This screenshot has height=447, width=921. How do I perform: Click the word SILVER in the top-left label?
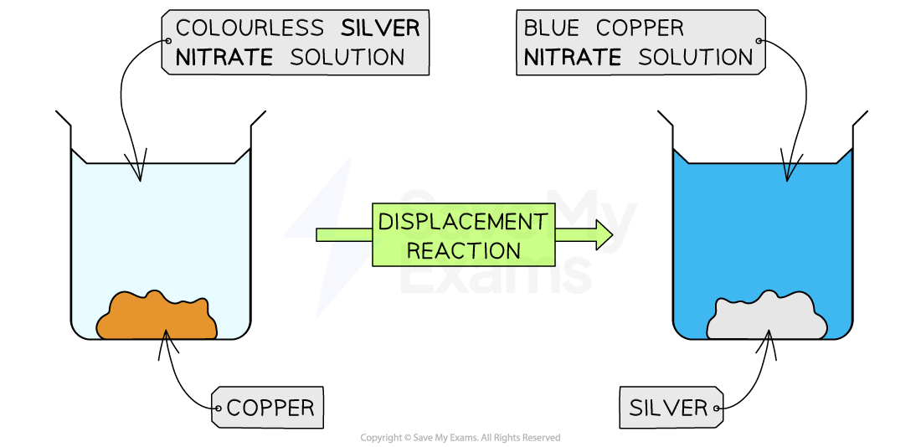pos(380,28)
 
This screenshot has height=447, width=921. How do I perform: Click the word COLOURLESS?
pos(250,28)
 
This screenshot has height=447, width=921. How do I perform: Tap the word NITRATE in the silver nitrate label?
pos(224,58)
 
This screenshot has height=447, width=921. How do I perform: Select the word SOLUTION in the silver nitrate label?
pos(347,58)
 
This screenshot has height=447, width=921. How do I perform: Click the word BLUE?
pos(551,28)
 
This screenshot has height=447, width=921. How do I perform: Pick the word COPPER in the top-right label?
pos(640,28)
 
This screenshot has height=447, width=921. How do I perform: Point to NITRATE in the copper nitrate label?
pos(573,58)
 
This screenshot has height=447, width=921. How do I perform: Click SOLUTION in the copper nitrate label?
pos(696,58)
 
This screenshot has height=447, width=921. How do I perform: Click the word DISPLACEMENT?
pos(463,222)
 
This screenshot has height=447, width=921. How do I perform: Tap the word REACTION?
pos(463,249)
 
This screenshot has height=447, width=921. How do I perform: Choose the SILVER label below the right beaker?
pos(668,408)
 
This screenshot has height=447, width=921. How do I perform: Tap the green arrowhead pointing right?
pos(604,235)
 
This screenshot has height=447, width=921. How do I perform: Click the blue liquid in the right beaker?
pos(762,226)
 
